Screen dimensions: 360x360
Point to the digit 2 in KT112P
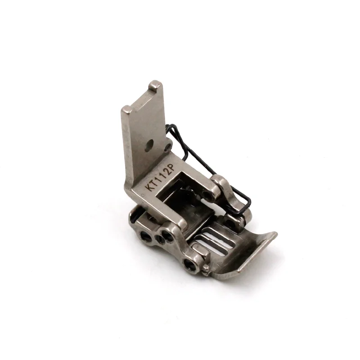167,172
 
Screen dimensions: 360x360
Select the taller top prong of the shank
155,85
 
